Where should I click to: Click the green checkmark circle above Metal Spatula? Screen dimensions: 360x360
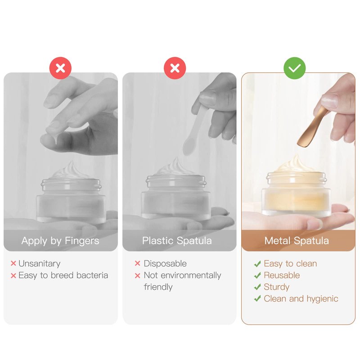click(x=295, y=68)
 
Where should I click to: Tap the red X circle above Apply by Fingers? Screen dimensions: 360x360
click(x=60, y=68)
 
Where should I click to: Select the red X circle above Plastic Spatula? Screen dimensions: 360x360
click(x=175, y=68)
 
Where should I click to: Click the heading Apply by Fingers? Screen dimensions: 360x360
click(x=60, y=241)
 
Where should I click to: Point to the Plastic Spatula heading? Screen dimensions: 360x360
click(x=177, y=241)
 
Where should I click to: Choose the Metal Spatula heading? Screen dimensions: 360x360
click(x=297, y=241)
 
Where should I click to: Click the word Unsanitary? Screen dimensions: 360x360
click(x=40, y=264)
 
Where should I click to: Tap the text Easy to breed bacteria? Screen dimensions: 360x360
click(x=63, y=275)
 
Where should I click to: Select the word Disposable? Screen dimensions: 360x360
click(x=165, y=264)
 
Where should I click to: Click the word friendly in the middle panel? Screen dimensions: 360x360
click(x=158, y=287)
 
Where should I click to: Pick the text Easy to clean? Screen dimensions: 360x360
click(x=290, y=264)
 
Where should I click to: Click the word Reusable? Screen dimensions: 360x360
click(x=282, y=275)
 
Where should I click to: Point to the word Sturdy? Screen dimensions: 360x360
click(x=277, y=287)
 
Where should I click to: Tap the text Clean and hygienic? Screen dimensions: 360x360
click(x=301, y=299)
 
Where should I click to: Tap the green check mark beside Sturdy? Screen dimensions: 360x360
click(x=257, y=287)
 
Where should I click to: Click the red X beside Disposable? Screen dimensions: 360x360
click(x=138, y=263)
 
